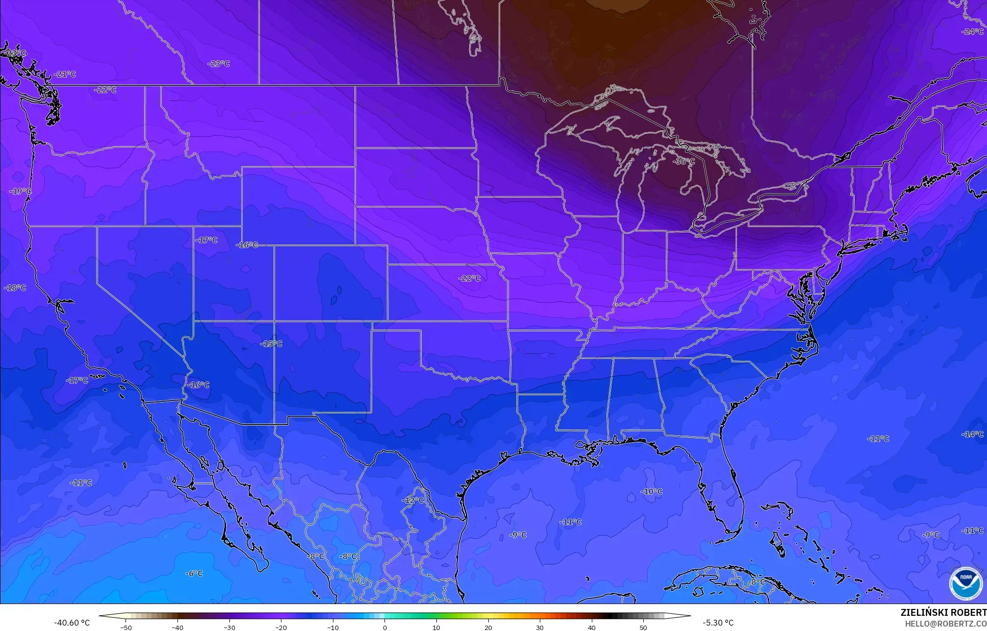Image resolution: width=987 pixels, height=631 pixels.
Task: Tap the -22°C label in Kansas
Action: [469, 278]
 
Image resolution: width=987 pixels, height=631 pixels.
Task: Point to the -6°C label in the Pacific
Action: [194, 574]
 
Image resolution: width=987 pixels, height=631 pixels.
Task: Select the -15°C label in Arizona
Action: [271, 344]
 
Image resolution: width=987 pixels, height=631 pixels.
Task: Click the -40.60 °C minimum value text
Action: [72, 623]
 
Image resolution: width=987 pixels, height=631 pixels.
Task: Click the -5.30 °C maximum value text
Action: [718, 623]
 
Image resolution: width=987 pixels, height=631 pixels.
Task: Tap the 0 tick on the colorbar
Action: [384, 627]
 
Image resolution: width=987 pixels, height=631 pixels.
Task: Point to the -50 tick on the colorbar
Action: [126, 627]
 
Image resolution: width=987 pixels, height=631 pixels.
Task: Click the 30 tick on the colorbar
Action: [540, 627]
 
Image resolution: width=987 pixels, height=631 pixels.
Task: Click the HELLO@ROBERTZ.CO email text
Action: [945, 623]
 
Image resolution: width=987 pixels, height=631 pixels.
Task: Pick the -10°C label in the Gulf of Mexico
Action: [651, 491]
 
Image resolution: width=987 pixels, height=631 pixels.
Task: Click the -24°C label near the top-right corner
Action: [973, 32]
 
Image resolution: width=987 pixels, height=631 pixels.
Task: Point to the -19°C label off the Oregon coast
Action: [20, 191]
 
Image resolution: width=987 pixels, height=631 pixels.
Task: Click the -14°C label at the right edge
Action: [972, 434]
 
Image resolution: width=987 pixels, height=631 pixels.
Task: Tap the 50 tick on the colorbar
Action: [643, 627]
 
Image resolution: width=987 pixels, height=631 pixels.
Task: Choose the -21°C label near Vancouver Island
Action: [65, 74]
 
